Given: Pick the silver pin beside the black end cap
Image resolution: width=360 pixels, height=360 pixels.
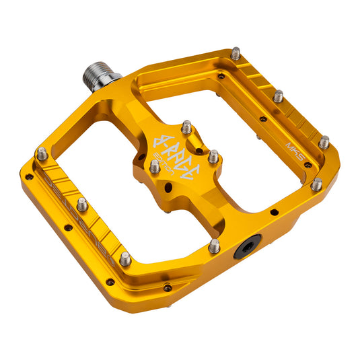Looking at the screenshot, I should pos(214,246).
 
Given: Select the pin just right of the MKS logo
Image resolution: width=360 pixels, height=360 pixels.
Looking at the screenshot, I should pos(324,143).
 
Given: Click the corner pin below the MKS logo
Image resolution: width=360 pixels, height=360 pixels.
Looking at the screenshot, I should pos(316,184).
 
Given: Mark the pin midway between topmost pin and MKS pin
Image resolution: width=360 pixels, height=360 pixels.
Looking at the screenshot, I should pos(278,96).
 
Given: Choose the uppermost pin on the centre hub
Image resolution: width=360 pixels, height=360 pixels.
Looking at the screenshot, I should pos(186,127).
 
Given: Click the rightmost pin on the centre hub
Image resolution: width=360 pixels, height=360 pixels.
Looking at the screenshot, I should pos(213,157).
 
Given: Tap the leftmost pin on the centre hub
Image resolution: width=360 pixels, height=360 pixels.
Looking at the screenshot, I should pos(154,166).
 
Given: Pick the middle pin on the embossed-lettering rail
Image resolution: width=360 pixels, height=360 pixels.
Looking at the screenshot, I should pos(82,204).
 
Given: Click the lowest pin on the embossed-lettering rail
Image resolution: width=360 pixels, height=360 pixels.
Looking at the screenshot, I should pos(125,258).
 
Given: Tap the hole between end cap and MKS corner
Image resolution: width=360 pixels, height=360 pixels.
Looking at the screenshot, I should pos(273,214).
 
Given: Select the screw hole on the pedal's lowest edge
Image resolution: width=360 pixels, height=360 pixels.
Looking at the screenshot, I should pos(167,288).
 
